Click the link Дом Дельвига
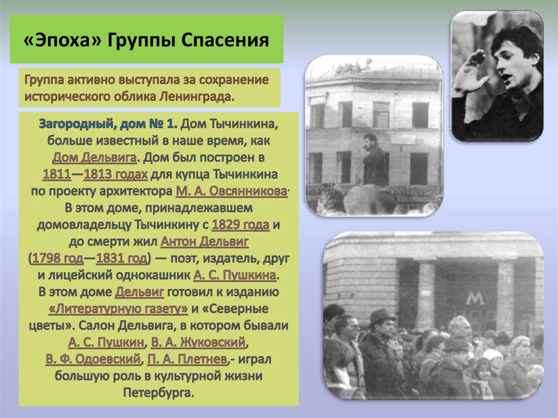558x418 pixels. (x=94, y=158)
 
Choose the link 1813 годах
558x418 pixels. (x=116, y=175)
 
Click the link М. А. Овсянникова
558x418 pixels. (x=232, y=192)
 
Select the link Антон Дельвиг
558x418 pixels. (x=200, y=241)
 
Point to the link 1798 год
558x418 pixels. (x=58, y=258)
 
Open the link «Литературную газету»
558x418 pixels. (x=118, y=308)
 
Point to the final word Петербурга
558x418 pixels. (x=159, y=393)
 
